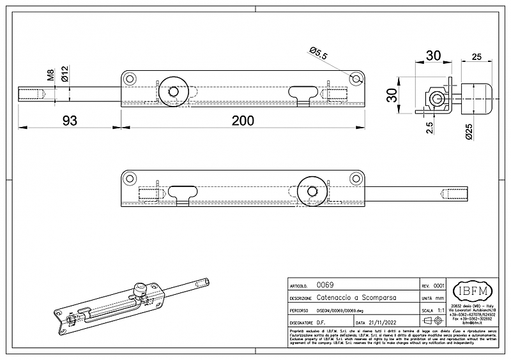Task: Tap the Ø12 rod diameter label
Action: pos(65,76)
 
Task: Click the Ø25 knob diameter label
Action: pos(469,132)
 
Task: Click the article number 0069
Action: pos(325,285)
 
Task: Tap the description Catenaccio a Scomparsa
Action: pos(349,298)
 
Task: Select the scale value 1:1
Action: pos(440,310)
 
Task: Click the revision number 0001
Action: pos(439,285)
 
